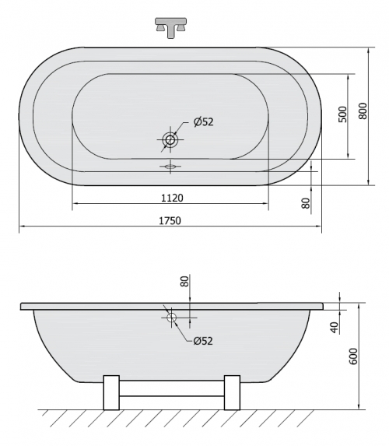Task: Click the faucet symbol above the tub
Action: pyautogui.click(x=170, y=27)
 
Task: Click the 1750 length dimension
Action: pyautogui.click(x=170, y=220)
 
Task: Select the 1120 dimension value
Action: pyautogui.click(x=172, y=198)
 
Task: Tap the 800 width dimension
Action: pyautogui.click(x=363, y=111)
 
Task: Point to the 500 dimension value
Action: pyautogui.click(x=343, y=114)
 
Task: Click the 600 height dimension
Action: pyautogui.click(x=353, y=356)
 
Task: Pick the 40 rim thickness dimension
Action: pyautogui.click(x=335, y=328)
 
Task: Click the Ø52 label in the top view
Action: pyautogui.click(x=203, y=122)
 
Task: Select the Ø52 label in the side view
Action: pyautogui.click(x=203, y=340)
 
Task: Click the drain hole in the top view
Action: pyautogui.click(x=170, y=139)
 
